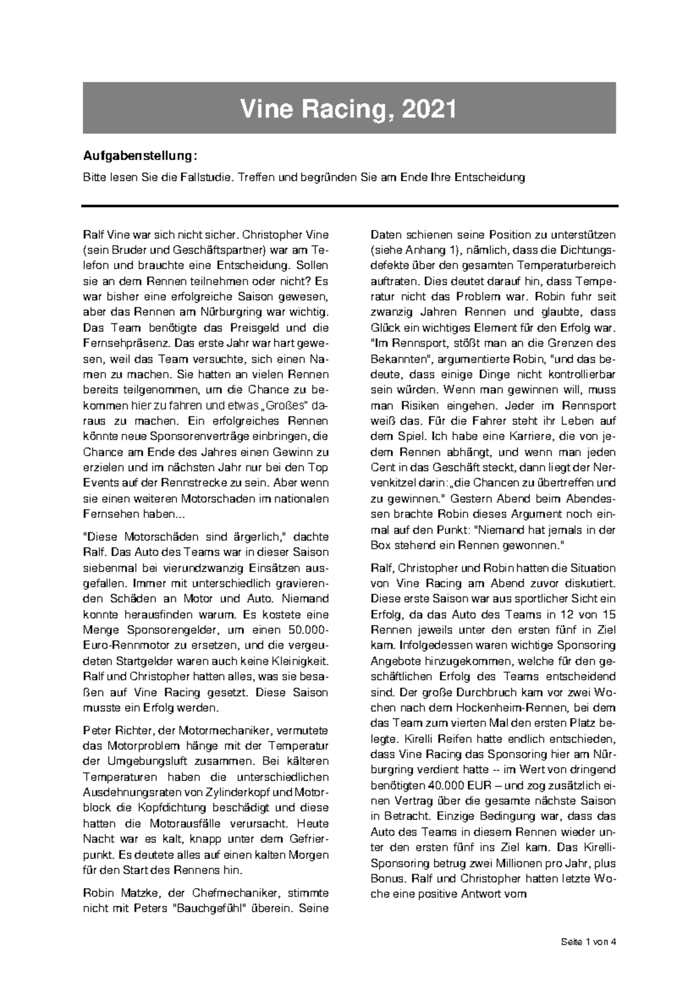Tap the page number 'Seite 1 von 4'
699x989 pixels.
588,941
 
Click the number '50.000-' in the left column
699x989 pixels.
308,630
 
